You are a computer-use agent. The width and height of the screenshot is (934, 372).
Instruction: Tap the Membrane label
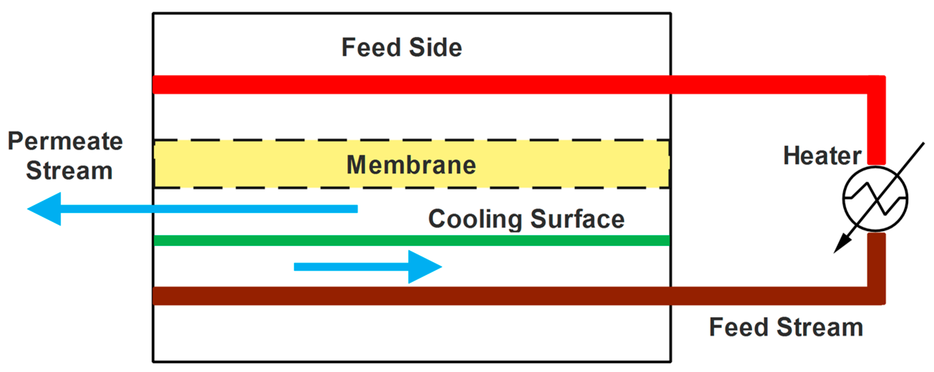(x=411, y=165)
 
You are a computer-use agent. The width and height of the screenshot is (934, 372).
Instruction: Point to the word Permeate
(x=65, y=141)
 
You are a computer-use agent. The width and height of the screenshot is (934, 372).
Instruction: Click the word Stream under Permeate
(x=69, y=171)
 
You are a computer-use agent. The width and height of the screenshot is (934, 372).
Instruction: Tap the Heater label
(x=822, y=156)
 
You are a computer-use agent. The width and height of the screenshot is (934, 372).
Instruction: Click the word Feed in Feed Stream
(x=738, y=327)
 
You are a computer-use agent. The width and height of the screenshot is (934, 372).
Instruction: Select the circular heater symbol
(x=875, y=199)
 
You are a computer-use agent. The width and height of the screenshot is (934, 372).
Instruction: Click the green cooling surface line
(x=412, y=240)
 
